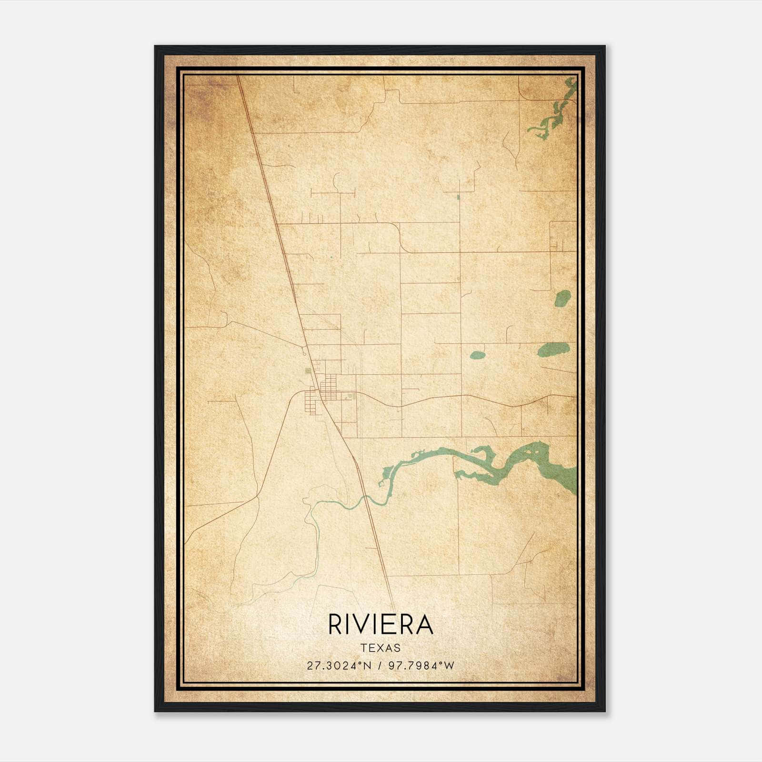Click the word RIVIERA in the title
point(381,625)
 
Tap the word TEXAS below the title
point(381,648)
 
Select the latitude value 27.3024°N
point(338,665)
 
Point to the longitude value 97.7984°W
point(421,665)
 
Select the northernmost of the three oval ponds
point(562,299)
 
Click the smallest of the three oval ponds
point(477,355)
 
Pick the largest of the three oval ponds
point(553,349)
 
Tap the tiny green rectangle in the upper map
point(459,197)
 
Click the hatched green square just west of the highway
point(308,371)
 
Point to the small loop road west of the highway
point(304,352)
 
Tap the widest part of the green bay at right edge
point(567,476)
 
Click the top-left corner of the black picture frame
point(155,46)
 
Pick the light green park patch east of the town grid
point(351,395)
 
